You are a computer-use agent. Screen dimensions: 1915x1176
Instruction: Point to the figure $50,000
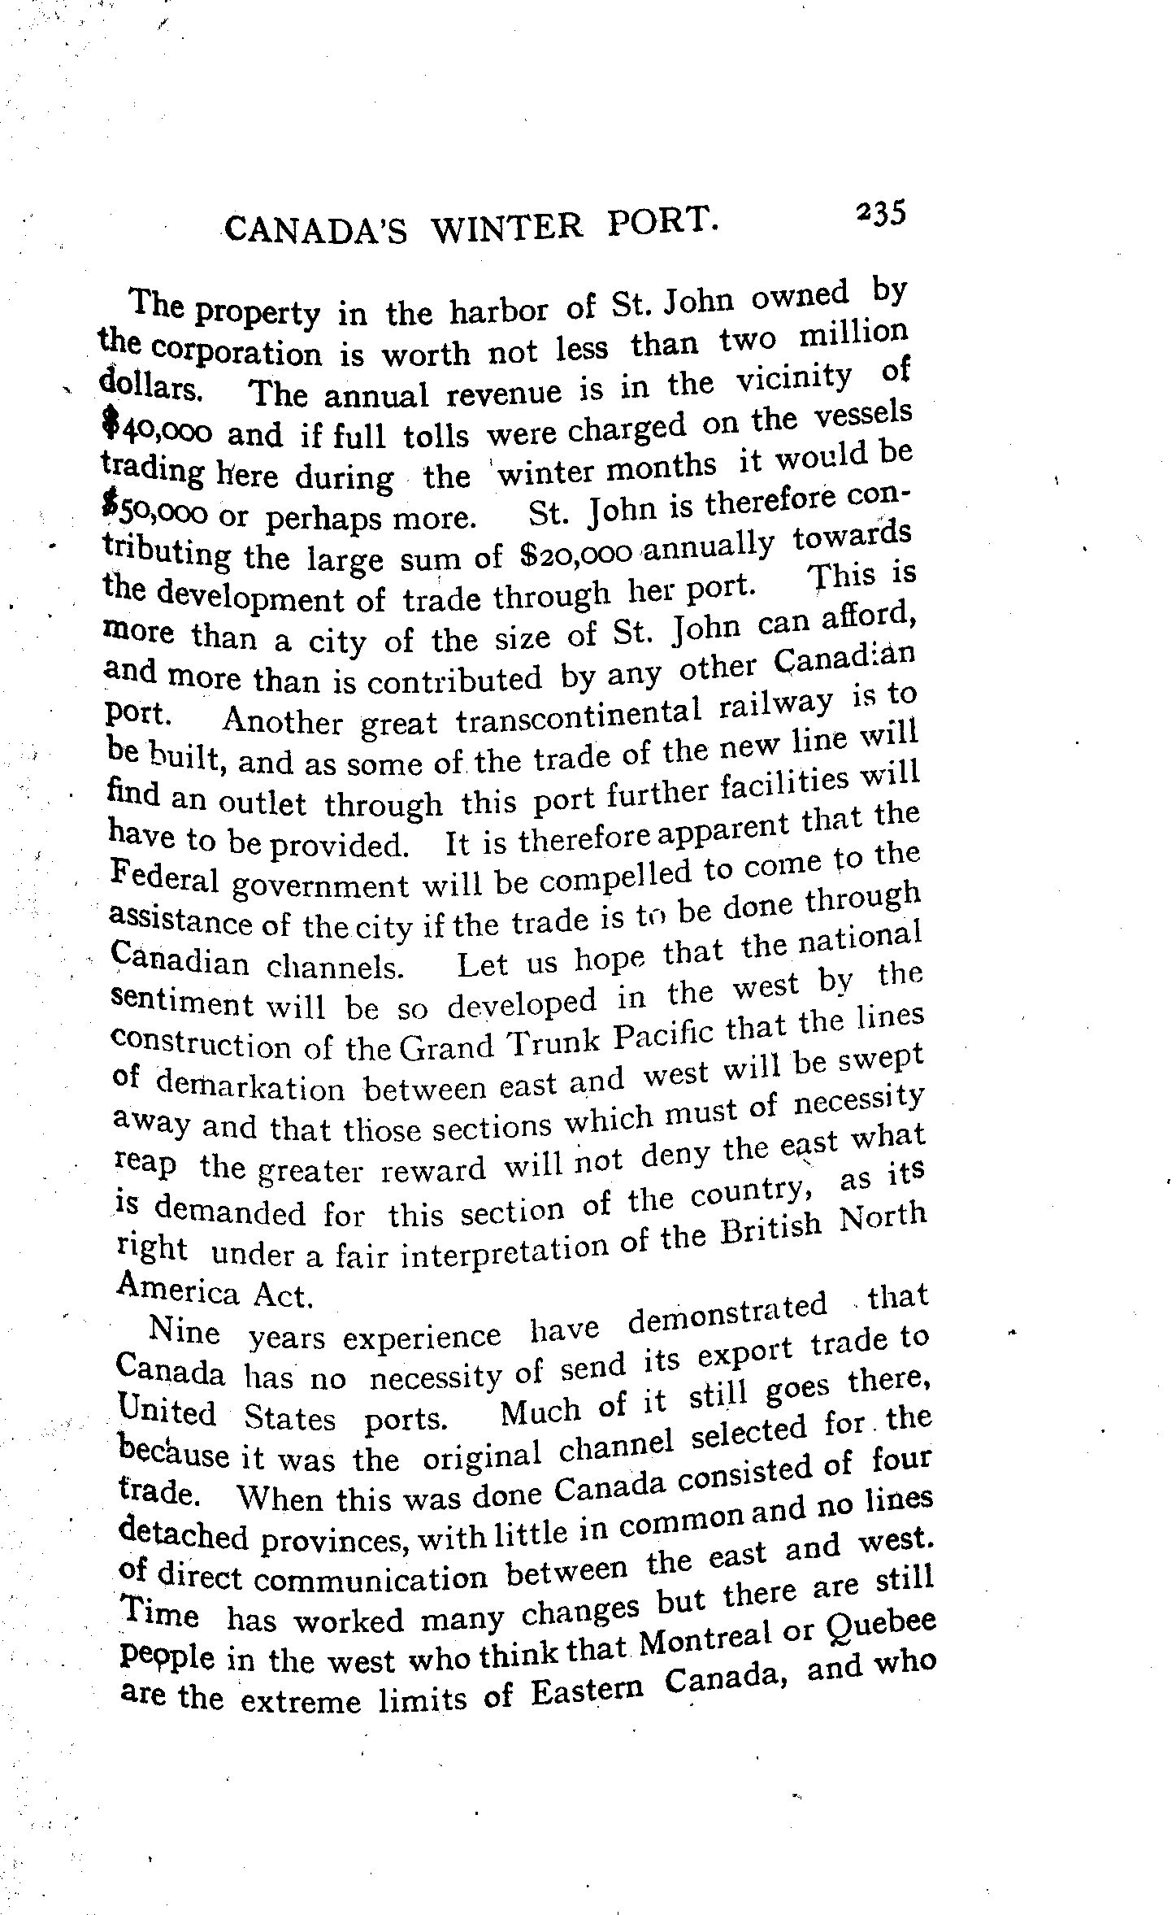coord(158,512)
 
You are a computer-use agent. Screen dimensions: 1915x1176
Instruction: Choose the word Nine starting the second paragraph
coord(185,1331)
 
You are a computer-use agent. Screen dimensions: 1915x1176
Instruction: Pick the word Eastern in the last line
coord(588,1691)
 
